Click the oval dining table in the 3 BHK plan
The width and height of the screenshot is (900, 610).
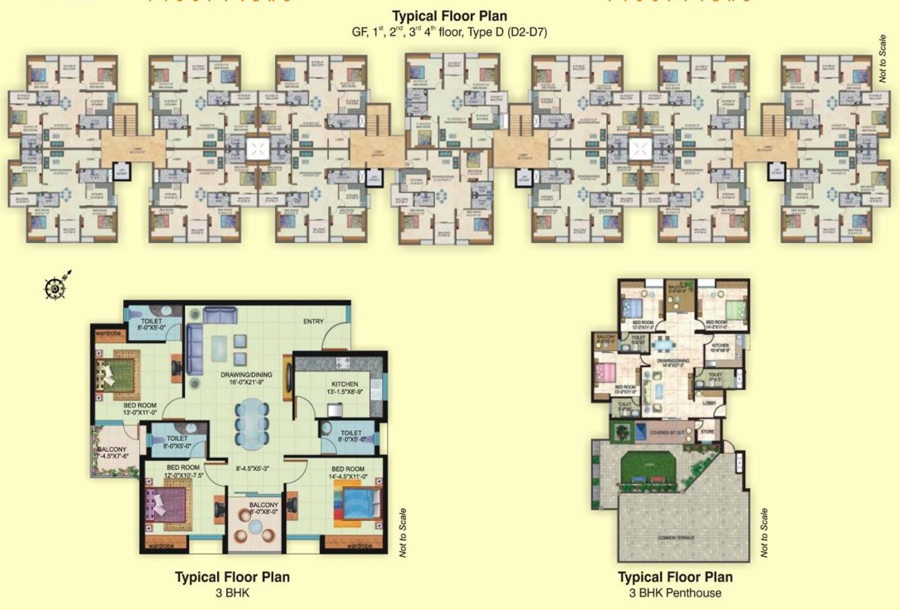(251, 424)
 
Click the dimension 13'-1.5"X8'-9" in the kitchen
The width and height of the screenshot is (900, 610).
(345, 391)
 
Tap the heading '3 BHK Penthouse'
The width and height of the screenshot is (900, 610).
(674, 593)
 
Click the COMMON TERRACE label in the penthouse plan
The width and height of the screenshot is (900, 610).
(675, 538)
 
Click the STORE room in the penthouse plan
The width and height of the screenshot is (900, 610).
(706, 434)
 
